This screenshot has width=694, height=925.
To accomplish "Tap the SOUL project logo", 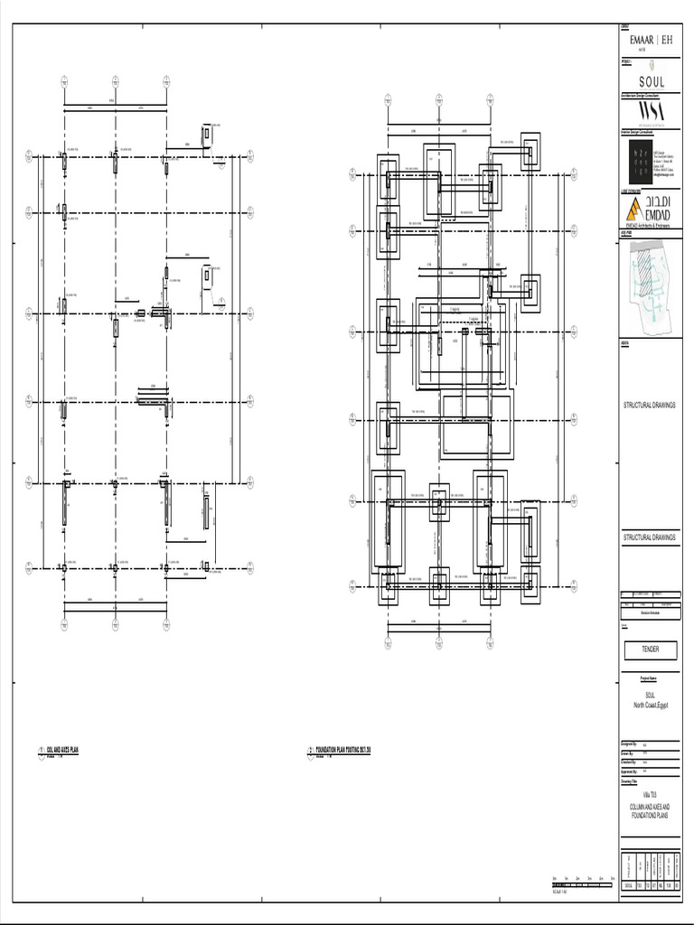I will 652,81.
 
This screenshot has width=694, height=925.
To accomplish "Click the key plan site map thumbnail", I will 652,284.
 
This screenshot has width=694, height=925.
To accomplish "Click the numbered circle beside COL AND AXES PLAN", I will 42,751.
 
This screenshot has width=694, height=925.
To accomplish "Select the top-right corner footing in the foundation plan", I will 530,152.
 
